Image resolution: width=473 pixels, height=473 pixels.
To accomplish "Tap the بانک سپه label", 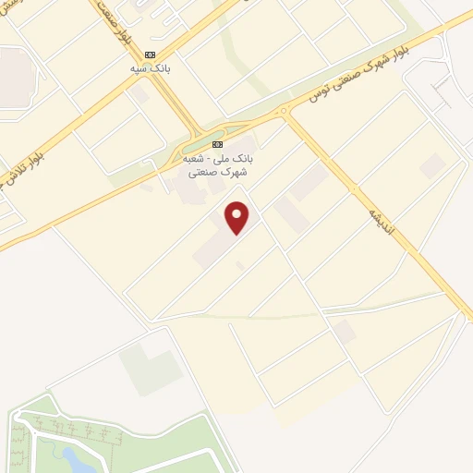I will [150, 68].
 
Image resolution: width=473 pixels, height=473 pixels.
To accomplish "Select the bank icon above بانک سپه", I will [150, 55].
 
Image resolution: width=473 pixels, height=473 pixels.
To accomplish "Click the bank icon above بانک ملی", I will [218, 145].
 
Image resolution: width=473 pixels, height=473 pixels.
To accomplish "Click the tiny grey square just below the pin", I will [240, 266].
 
